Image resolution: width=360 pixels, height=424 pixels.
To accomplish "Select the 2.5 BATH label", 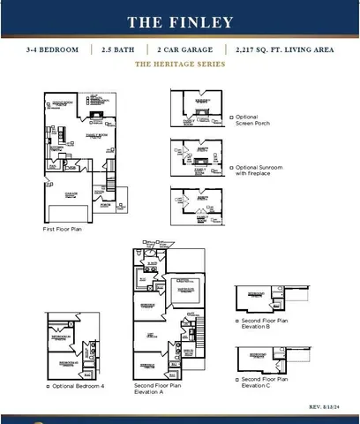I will point(117,49).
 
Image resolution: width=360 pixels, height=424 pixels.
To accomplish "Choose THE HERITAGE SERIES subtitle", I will point(179,65).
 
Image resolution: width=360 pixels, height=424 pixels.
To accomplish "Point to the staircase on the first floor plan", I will point(112,184).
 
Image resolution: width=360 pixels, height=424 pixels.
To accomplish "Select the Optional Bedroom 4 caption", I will point(78,386).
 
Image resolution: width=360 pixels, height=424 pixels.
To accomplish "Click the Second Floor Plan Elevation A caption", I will point(158,389).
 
